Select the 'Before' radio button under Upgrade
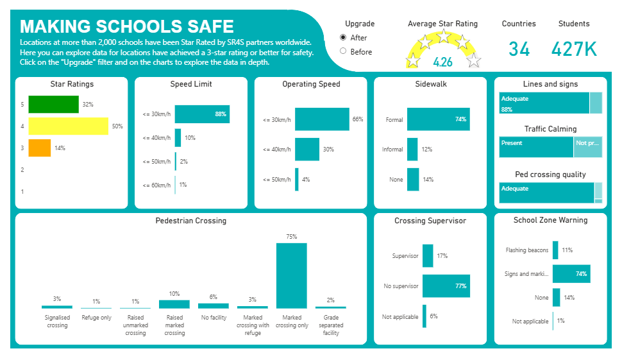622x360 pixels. point(343,51)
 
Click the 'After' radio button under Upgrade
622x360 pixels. point(343,38)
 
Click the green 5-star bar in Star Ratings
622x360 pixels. point(53,105)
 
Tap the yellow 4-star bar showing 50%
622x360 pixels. point(69,126)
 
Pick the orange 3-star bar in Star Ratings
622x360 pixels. point(39,148)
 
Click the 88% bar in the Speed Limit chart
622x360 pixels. point(202,114)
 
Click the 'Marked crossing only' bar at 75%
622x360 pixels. point(291,276)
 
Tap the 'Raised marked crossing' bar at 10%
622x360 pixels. point(174,304)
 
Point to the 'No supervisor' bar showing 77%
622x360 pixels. point(446,286)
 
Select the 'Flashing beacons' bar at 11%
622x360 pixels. point(555,250)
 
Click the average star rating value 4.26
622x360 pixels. point(442,62)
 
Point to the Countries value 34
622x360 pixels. point(519,49)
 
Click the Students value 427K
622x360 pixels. point(574,49)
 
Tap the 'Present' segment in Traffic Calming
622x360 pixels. point(536,147)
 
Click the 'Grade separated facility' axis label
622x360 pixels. point(331,325)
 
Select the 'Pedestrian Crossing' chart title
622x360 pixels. point(191,221)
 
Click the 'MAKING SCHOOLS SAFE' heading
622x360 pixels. point(127,26)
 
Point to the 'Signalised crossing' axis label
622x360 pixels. point(57,321)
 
